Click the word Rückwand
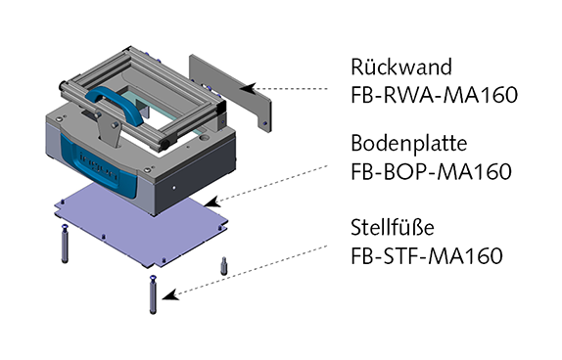pos(401,67)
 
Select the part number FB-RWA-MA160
pos(434,95)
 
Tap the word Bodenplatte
pos(409,144)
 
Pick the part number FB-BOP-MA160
pos(431,171)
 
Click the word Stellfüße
pos(393,227)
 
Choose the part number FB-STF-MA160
pos(427,255)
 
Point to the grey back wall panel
pos(230,92)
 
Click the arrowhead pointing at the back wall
pos(248,88)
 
